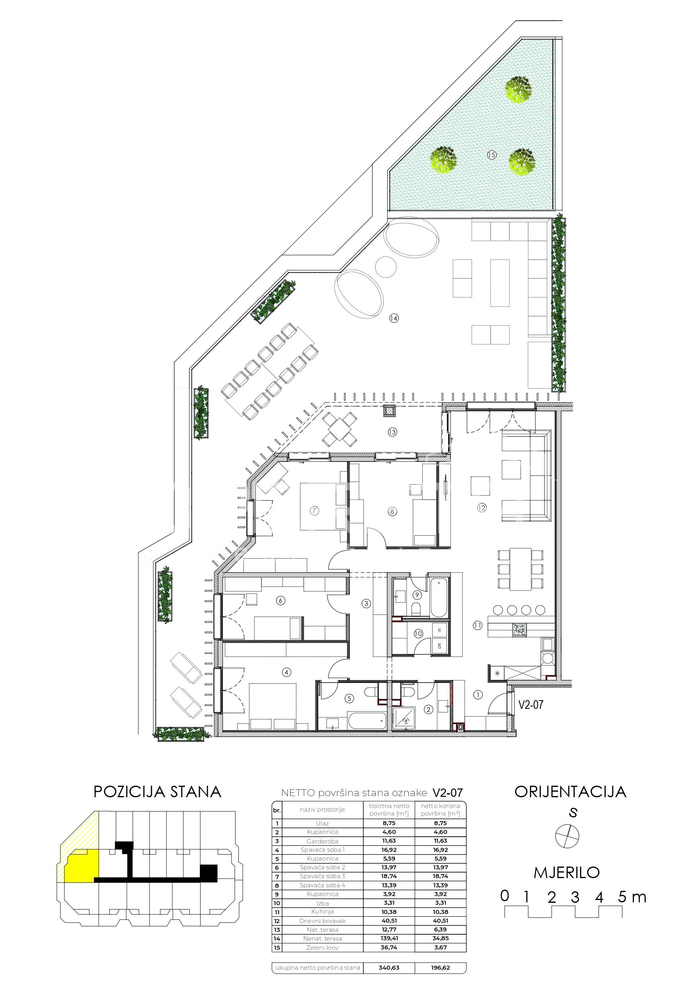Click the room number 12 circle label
click(481, 508)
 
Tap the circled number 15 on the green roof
click(491, 155)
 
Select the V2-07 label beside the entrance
click(531, 704)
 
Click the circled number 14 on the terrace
click(394, 319)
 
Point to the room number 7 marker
click(314, 511)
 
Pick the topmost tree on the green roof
click(519, 90)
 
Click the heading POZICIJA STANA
click(158, 792)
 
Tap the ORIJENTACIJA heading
click(570, 791)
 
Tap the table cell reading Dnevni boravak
click(323, 921)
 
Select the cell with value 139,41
click(389, 939)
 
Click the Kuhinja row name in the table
click(323, 912)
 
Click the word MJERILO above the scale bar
click(567, 873)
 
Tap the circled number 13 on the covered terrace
click(392, 432)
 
